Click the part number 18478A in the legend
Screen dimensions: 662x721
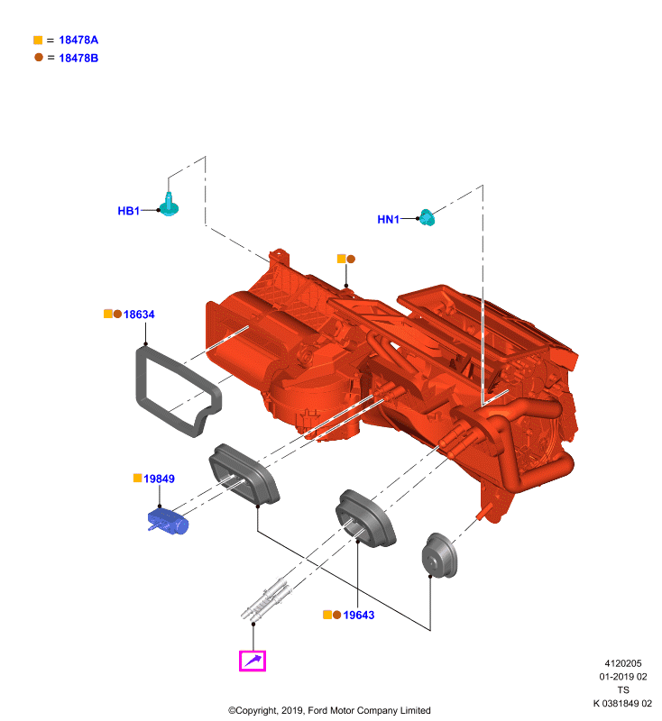78,40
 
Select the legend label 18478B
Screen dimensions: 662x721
78,58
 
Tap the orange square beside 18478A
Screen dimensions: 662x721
38,40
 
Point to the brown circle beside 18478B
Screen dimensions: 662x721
39,58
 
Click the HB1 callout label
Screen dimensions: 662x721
128,211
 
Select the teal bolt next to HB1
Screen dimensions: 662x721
169,205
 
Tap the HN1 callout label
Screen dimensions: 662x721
389,219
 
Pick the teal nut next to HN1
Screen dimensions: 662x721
428,217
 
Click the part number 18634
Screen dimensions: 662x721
139,314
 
